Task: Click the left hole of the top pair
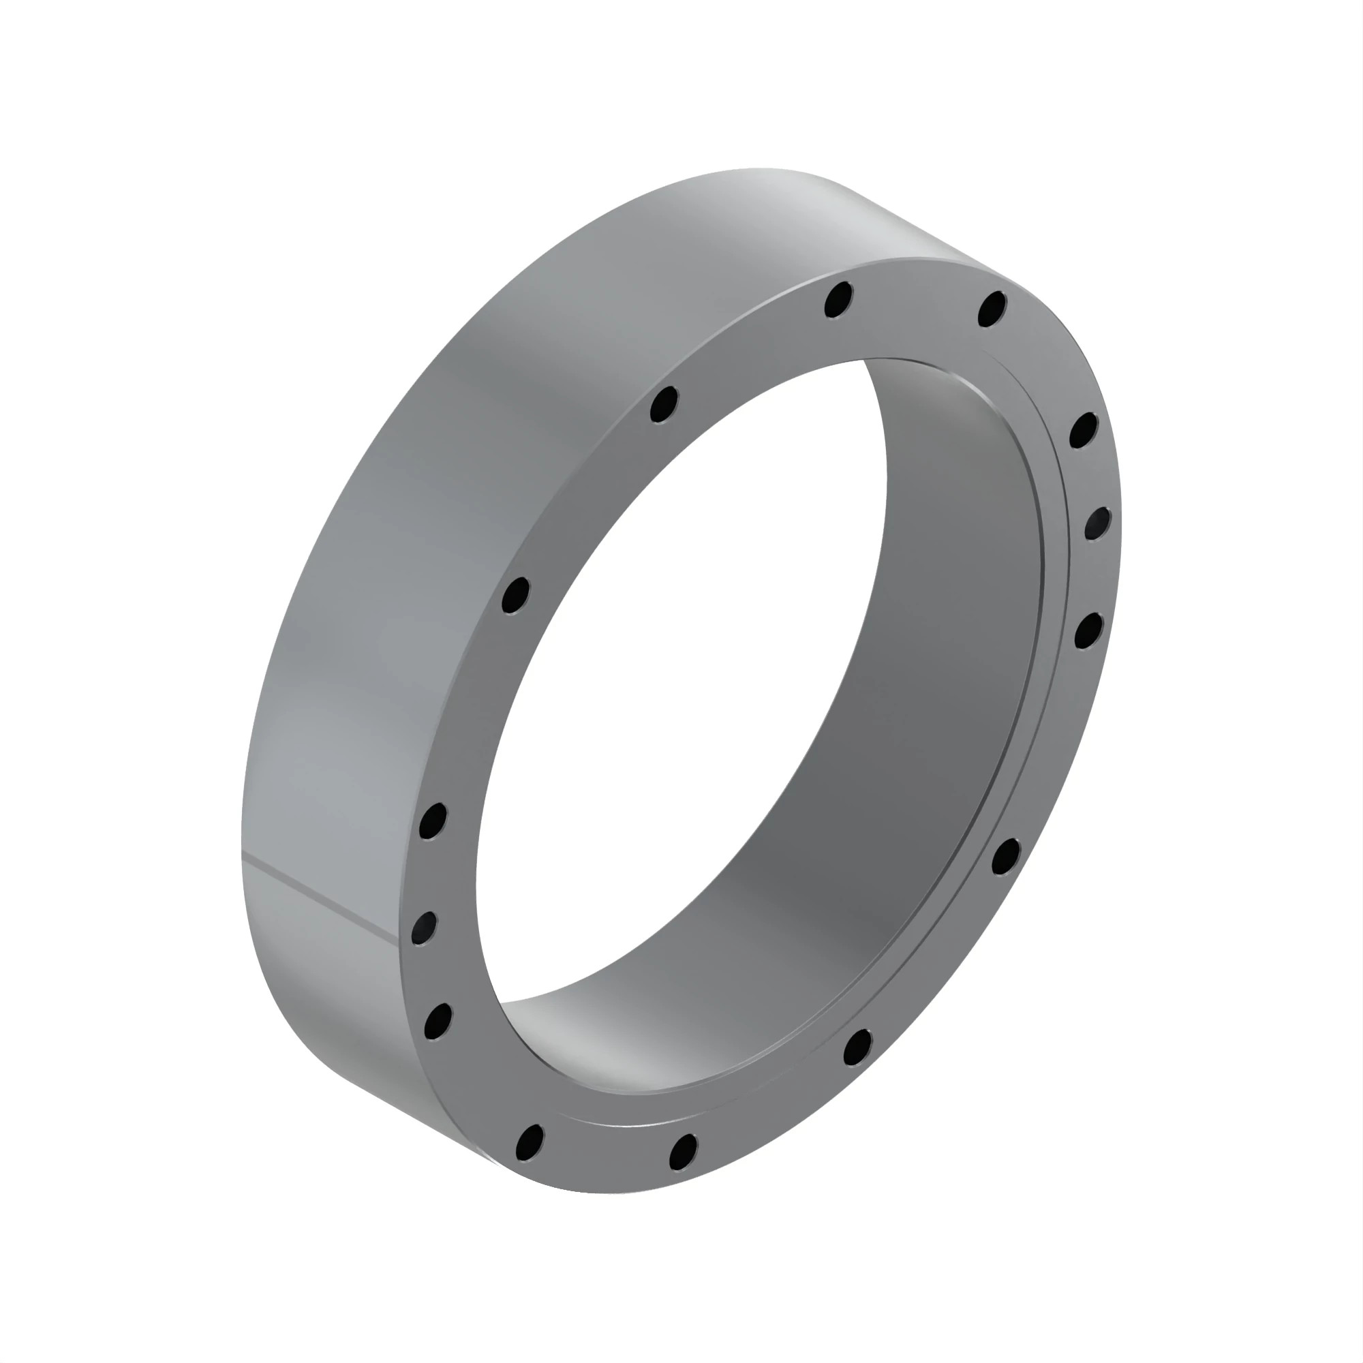(x=838, y=300)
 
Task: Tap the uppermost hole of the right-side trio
(x=1084, y=430)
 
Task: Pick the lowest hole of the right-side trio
(x=1088, y=630)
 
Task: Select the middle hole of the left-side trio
(x=424, y=928)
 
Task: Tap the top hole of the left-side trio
(x=433, y=821)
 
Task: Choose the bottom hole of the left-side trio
(x=438, y=1020)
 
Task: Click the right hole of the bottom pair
(x=683, y=1151)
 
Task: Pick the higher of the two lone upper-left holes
(x=663, y=404)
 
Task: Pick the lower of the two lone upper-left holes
(x=516, y=596)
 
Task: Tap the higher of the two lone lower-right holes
(x=1005, y=856)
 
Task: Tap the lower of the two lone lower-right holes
(x=858, y=1047)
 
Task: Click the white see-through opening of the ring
(x=677, y=705)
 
